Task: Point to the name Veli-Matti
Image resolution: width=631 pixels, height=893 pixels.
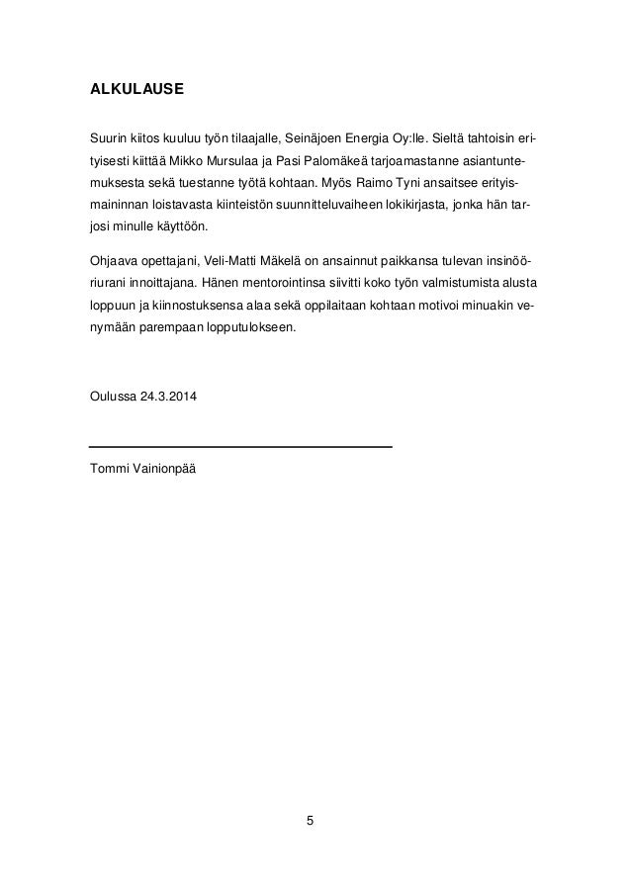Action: click(x=232, y=261)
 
